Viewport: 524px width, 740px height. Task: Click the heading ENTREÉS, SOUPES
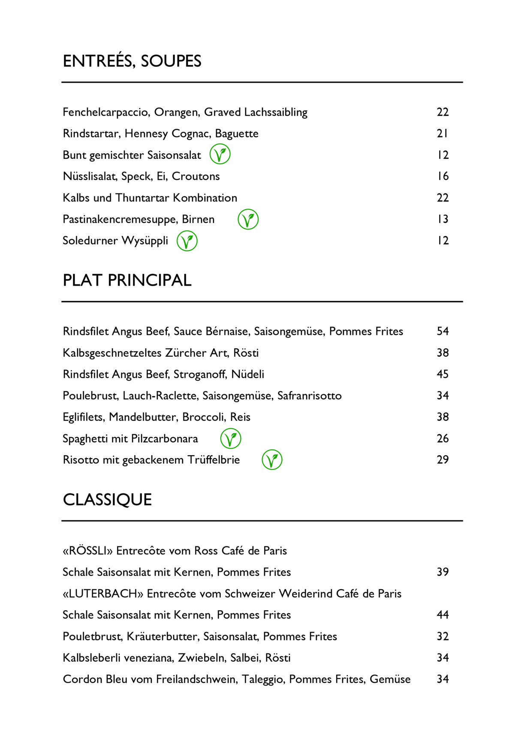tap(132, 61)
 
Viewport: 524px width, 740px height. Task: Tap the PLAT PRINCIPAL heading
tap(127, 280)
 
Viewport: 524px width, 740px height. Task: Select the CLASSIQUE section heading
tap(107, 500)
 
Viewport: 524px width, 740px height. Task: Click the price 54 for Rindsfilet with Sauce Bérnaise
tap(443, 331)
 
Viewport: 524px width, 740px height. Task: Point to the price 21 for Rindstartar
tap(443, 134)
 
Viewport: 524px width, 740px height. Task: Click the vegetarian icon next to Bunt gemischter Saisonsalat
tap(220, 154)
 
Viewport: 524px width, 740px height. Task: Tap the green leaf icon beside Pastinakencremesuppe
tap(248, 219)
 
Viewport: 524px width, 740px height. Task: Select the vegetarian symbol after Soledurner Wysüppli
tap(187, 241)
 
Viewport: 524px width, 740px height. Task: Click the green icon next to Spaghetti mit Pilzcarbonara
tap(231, 439)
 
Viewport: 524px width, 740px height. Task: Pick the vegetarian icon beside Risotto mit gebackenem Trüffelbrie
tap(272, 460)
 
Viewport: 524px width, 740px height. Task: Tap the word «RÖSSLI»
tap(87, 551)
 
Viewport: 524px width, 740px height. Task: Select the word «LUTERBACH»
tap(103, 594)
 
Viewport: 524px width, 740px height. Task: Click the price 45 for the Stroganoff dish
tap(443, 374)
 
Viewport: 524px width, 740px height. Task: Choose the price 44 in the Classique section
tap(443, 615)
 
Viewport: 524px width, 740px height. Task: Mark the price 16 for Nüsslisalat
tap(443, 176)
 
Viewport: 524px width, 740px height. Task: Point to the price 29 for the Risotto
tap(443, 460)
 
